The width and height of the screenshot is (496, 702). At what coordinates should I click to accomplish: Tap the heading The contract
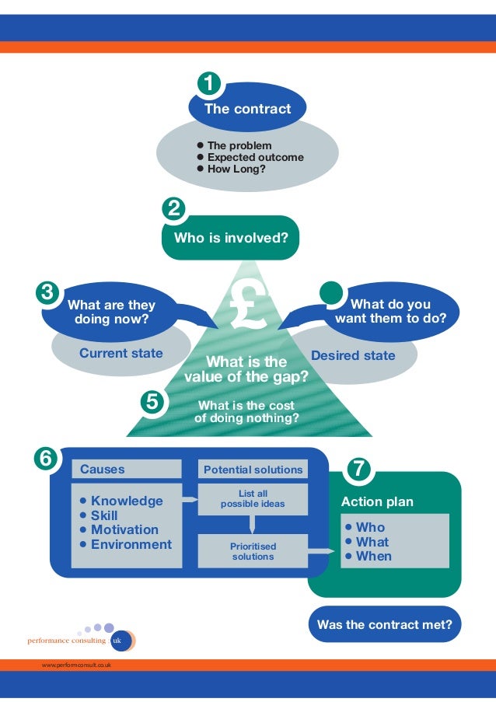point(247,109)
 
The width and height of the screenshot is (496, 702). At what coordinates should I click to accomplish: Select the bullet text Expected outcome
point(255,157)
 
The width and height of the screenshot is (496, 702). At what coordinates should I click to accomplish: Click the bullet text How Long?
point(236,168)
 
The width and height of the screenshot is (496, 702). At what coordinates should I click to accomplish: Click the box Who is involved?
point(230,238)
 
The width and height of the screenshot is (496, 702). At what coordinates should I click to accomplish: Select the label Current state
point(121,354)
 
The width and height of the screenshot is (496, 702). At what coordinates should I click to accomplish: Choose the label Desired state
point(353,356)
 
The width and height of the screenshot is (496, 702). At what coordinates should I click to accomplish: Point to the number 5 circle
point(152,402)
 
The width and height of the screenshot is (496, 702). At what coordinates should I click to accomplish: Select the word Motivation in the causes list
point(124,530)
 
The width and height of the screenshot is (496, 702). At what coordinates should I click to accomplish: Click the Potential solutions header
point(253,470)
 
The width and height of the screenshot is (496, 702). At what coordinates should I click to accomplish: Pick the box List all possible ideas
point(253,499)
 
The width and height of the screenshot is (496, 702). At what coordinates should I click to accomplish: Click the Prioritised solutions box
point(253,551)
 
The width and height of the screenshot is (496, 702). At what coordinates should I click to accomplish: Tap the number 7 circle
point(358,469)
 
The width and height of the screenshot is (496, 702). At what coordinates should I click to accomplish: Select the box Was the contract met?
point(385,624)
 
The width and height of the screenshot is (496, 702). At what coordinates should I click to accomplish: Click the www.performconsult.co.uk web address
point(76,665)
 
